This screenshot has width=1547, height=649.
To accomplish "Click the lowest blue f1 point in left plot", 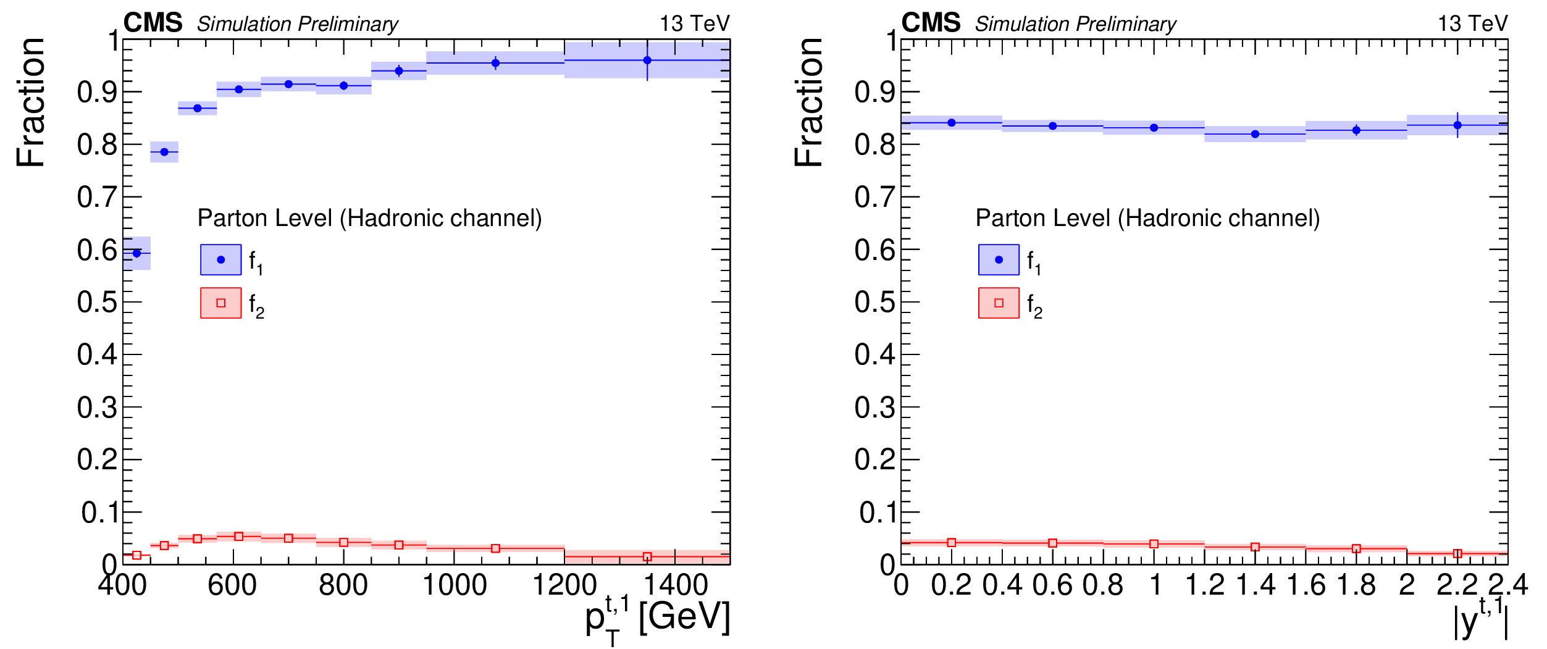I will pos(137,253).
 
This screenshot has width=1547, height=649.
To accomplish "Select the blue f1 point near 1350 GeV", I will pos(647,61).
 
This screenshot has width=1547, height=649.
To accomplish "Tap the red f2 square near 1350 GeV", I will pos(647,557).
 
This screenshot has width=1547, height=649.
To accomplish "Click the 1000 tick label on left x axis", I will pos(455,585).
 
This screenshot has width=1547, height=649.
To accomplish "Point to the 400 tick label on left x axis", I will pos(122,585).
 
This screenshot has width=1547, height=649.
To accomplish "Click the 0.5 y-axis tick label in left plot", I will pos(97,303).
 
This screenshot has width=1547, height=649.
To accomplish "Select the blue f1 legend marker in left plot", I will pos(220,260).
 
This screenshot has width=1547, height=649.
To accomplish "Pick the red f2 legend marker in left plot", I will pos(220,303).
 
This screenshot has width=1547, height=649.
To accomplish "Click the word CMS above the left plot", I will pos(153,23).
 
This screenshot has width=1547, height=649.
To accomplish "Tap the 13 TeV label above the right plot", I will pos(1472,24).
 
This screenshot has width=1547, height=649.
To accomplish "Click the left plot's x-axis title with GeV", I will pos(658,618).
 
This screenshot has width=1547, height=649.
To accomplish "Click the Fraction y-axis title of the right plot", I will pos(808,102).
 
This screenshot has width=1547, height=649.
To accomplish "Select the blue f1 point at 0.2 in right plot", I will pos(952,123).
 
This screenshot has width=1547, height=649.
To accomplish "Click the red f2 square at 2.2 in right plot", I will pos(1457,553).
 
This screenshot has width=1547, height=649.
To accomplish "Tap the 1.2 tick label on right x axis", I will pos(1205,585).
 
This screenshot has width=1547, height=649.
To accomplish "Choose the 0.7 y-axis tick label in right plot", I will pos(874,198).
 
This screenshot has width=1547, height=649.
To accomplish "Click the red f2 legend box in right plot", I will pos(999,303).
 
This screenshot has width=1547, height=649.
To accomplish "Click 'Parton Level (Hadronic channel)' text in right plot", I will pos(1147,219).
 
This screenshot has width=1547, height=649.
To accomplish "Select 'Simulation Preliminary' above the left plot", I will pos(298,24).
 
